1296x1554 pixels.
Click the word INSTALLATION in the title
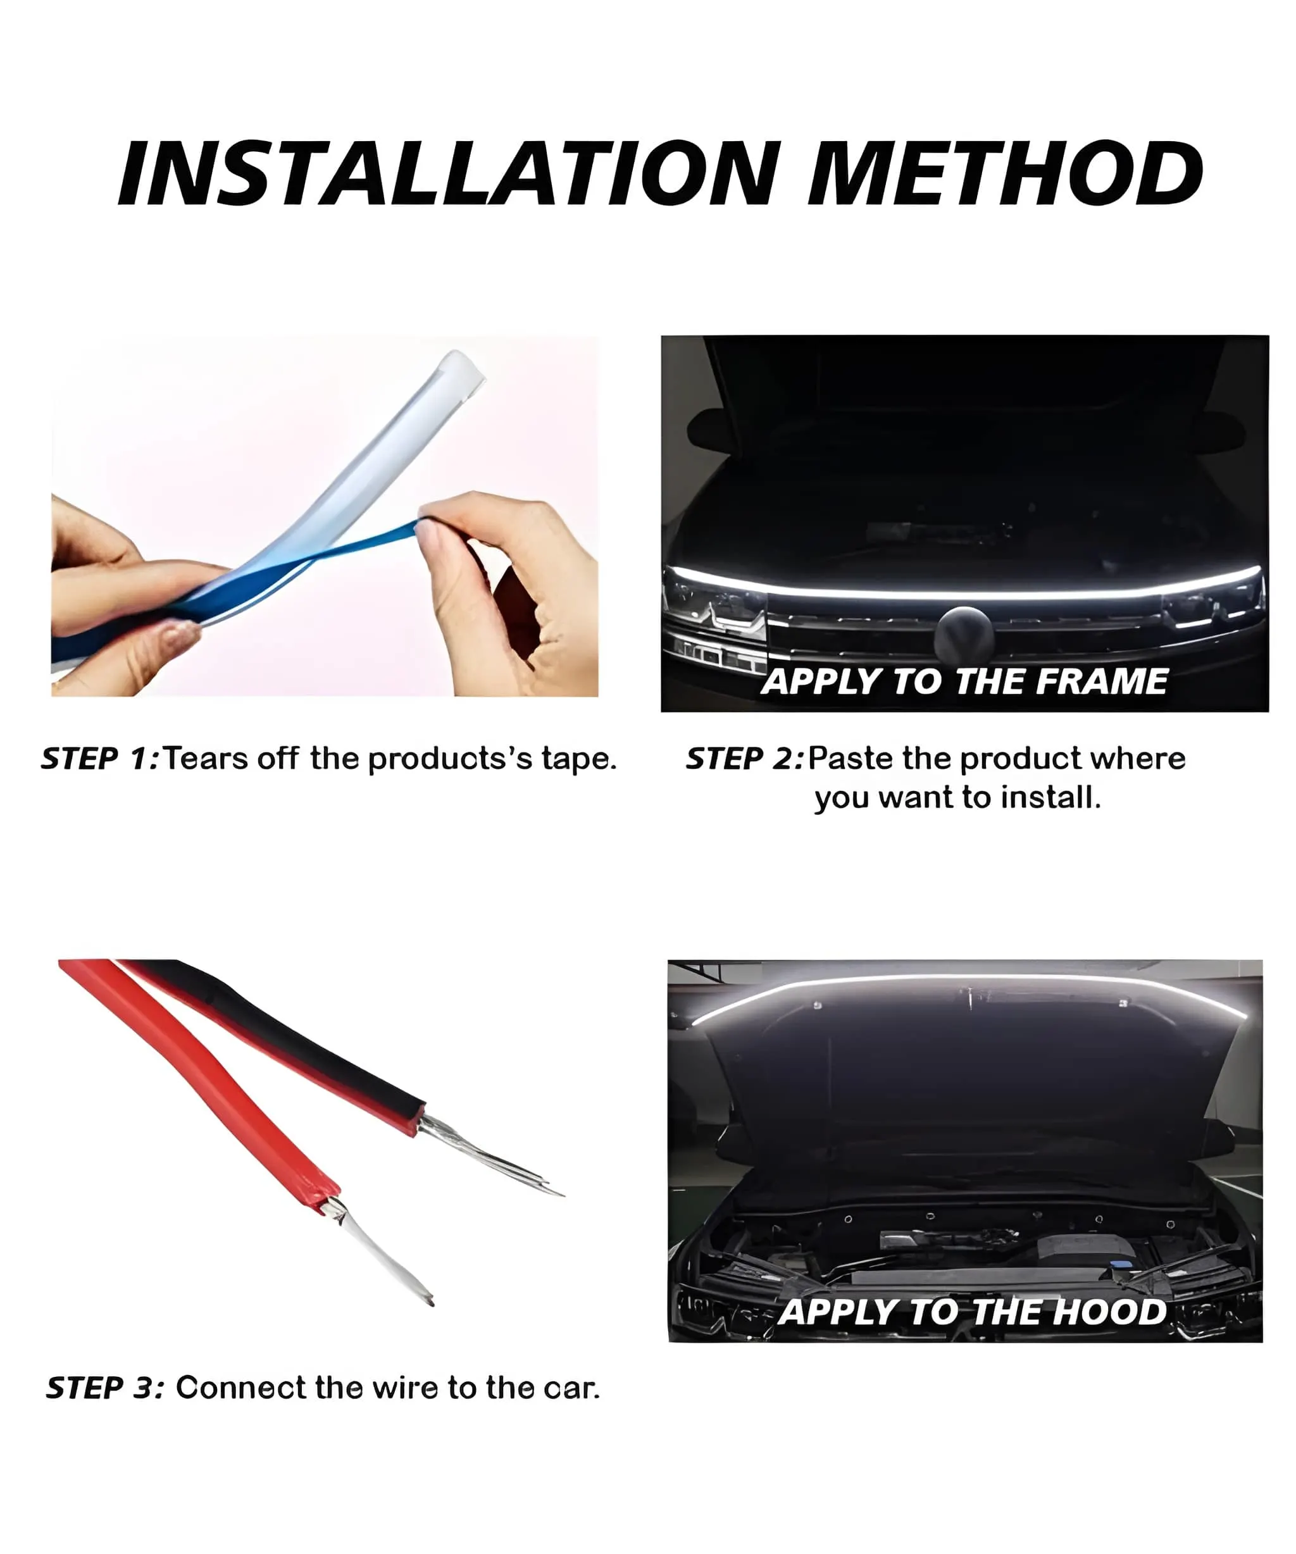pyautogui.click(x=449, y=174)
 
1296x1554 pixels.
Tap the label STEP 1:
pyautogui.click(x=100, y=759)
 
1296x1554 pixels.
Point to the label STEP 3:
pyautogui.click(x=105, y=1388)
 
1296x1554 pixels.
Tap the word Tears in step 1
pyautogui.click(x=206, y=759)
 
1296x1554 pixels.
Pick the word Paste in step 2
pyautogui.click(x=851, y=759)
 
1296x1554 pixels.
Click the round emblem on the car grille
pyautogui.click(x=963, y=635)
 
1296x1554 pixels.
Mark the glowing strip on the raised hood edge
pyautogui.click(x=965, y=979)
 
